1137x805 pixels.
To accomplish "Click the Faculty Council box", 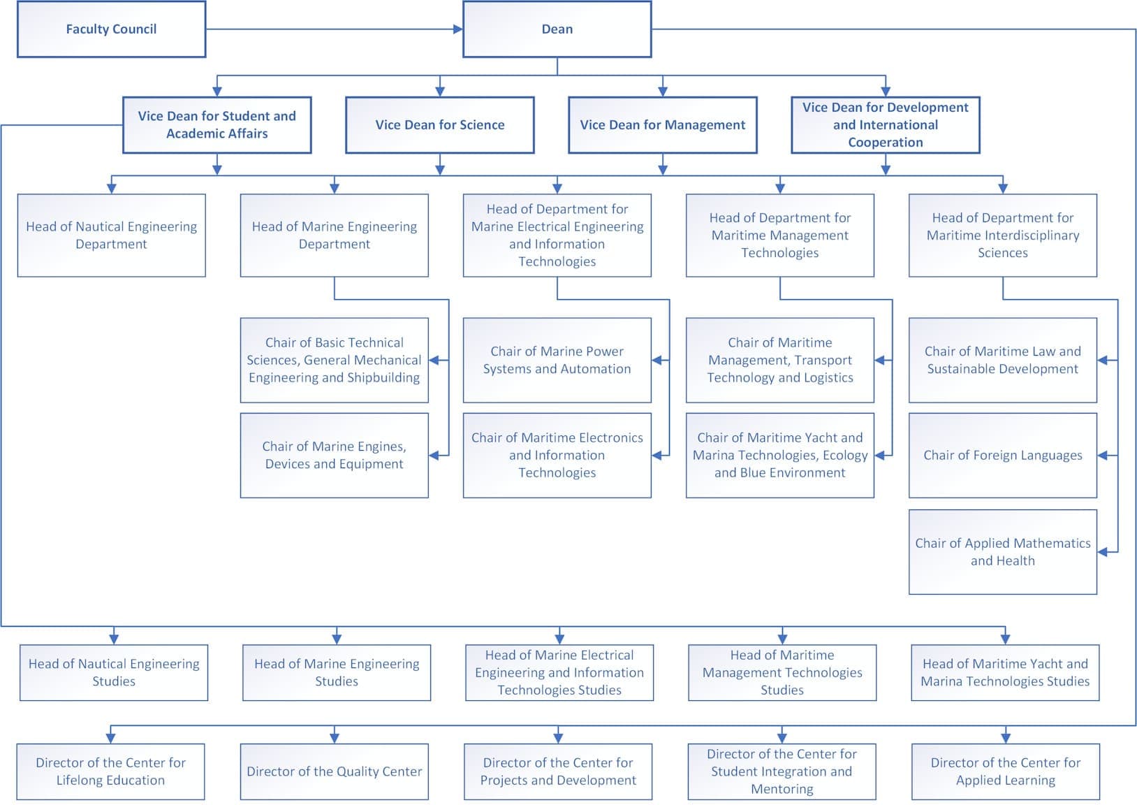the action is click(111, 29).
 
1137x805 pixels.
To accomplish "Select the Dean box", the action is click(557, 29).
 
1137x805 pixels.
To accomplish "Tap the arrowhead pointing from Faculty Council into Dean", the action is click(458, 29).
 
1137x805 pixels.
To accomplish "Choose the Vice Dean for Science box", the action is click(439, 125).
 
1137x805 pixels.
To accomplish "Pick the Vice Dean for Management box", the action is click(662, 125).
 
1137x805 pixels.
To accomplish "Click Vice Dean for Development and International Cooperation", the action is click(886, 125).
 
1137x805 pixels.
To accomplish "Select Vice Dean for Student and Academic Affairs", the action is click(217, 125).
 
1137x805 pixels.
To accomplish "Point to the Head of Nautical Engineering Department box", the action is click(111, 235).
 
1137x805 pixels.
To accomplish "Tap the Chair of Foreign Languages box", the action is click(1002, 455).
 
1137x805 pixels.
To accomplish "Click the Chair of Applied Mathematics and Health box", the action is click(1002, 551).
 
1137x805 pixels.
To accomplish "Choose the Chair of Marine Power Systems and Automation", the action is click(557, 360).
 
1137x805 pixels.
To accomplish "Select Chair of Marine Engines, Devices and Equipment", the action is click(334, 455).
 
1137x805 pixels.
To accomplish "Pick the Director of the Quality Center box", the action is click(334, 771).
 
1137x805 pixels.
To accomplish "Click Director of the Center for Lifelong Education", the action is click(110, 771).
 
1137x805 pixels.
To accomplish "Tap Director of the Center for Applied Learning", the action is click(1006, 771).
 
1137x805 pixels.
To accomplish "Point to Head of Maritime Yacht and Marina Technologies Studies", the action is click(1005, 672).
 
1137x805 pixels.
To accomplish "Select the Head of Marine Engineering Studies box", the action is click(337, 672).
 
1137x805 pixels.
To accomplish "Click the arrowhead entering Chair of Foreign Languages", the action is click(1103, 455).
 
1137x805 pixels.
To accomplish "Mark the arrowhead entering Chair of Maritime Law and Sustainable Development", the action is click(1103, 360).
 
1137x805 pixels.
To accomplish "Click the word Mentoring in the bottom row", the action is click(782, 789).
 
